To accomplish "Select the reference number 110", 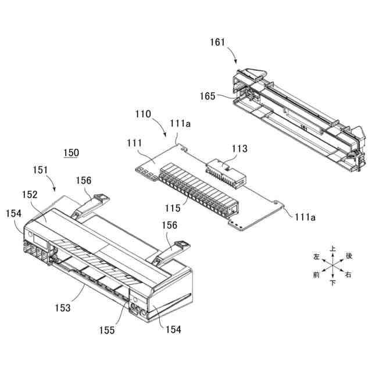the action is click(x=144, y=114).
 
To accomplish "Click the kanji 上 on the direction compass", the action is click(x=332, y=248).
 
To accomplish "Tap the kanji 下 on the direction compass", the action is click(x=332, y=283).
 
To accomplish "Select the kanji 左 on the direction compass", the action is click(x=317, y=256).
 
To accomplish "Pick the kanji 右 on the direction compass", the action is click(x=348, y=274).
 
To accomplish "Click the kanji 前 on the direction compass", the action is click(x=317, y=274).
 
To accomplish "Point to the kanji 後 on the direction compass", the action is click(x=349, y=256).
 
